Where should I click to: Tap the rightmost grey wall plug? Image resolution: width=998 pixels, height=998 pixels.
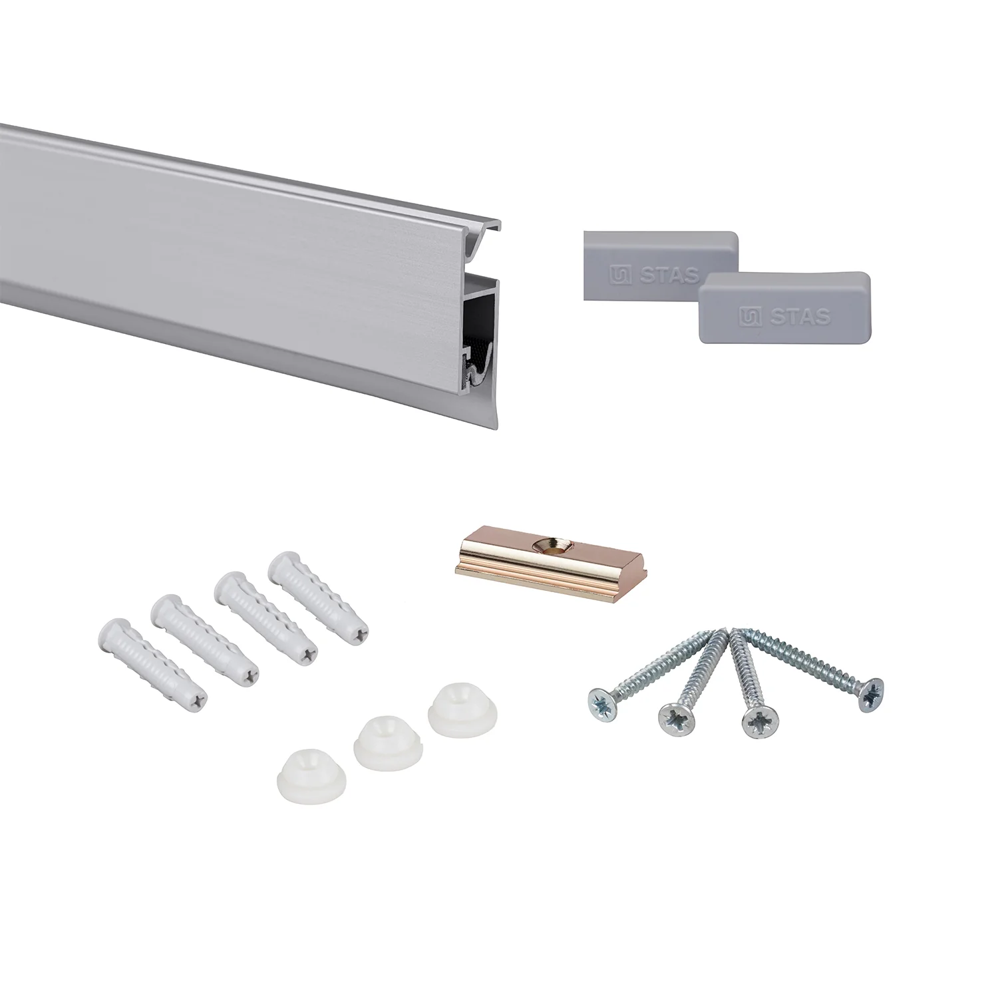319,598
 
